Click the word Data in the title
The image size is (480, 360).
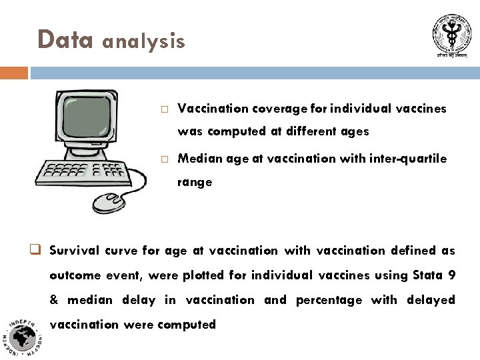[65, 39]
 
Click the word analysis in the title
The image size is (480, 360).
[143, 42]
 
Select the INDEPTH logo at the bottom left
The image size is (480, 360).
[24, 337]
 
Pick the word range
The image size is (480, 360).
[195, 181]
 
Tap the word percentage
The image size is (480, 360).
[329, 300]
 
